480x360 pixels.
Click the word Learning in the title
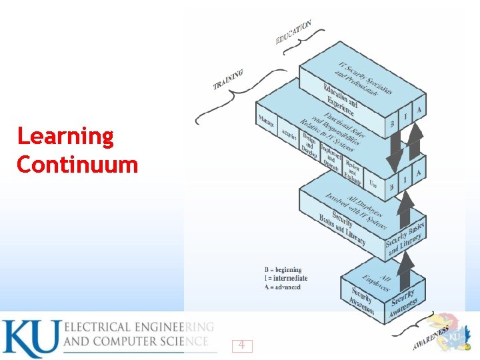65,137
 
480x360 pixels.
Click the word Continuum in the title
77,164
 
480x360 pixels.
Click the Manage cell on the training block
267,123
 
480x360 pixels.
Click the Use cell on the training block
373,183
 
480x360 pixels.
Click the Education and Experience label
340,99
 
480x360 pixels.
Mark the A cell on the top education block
418,109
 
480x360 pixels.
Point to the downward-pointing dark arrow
395,150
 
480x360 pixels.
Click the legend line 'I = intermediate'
286,278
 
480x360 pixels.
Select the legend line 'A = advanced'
283,287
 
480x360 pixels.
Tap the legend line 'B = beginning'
283,270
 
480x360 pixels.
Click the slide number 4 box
242,345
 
